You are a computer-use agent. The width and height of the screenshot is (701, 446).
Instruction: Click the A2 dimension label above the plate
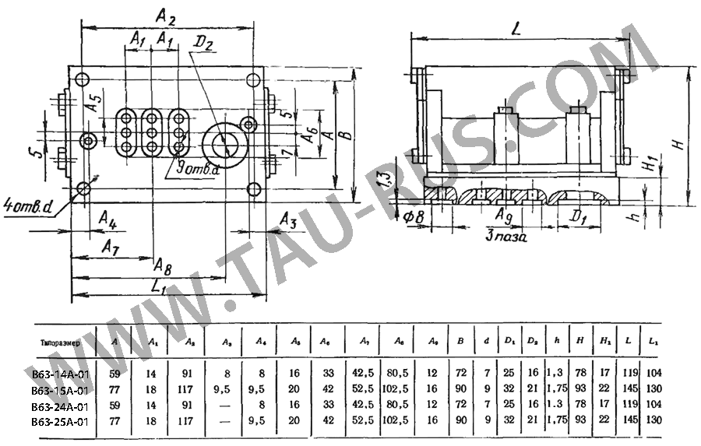pos(165,15)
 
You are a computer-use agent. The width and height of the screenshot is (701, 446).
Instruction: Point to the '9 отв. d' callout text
pos(198,168)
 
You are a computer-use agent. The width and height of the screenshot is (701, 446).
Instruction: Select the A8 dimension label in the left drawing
pos(163,265)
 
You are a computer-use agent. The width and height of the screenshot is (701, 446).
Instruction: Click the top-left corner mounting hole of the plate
pos(83,78)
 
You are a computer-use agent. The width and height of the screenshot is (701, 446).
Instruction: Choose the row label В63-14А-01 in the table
pos(61,374)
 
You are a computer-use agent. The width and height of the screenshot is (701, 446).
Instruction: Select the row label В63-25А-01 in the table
pos(61,420)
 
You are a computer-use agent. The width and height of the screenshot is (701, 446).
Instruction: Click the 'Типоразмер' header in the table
pos(59,341)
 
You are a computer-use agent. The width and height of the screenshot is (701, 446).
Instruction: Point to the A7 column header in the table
pos(364,342)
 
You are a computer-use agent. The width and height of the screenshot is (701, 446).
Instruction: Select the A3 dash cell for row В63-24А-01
pos(227,405)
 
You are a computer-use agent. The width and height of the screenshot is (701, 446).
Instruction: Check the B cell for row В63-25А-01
pos(461,420)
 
